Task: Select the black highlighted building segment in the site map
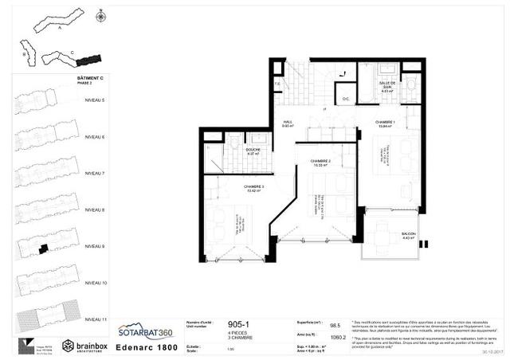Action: pos(92,60)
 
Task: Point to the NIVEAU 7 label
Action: pos(95,173)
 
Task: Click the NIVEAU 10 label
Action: pos(95,283)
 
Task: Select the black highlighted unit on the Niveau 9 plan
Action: pos(42,249)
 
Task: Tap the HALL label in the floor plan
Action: pos(288,122)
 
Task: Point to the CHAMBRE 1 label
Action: pos(386,122)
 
